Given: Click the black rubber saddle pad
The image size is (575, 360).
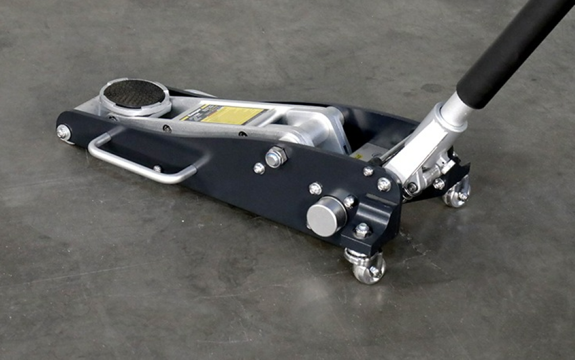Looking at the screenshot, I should click(x=134, y=93).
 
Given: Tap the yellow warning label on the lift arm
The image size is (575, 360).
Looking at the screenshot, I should click(x=232, y=114).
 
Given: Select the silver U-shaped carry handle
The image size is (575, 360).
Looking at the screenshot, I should click(x=137, y=163).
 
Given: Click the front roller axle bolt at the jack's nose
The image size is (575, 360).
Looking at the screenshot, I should click(x=63, y=132).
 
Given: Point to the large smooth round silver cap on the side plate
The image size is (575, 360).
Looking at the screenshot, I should click(x=327, y=216).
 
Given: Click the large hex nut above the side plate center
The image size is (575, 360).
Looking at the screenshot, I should click(x=277, y=156).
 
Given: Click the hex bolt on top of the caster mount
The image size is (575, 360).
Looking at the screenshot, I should click(x=362, y=231).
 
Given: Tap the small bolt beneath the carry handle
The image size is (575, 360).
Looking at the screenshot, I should click(x=156, y=168).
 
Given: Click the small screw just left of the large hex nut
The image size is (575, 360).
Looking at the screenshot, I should click(x=259, y=168).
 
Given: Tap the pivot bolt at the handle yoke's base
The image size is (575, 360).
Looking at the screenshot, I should click(x=412, y=187).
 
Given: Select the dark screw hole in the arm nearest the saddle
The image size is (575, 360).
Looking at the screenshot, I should click(x=166, y=128).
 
